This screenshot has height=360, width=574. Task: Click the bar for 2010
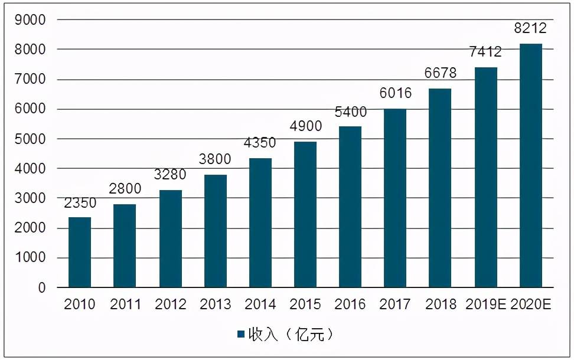[x=80, y=253]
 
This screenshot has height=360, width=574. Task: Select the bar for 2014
[x=260, y=223]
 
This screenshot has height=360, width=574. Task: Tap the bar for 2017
[x=395, y=198]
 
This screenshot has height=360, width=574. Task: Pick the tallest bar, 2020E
[x=530, y=166]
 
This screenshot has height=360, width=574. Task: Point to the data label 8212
[x=530, y=28]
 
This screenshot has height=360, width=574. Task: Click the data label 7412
[x=485, y=52]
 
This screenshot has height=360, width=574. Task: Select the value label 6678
[x=441, y=73]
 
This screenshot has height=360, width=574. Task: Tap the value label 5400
[x=350, y=112]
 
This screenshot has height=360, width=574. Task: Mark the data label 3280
[x=170, y=175]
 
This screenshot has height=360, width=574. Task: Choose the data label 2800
[x=125, y=189]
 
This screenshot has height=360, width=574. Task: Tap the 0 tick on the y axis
[x=42, y=288]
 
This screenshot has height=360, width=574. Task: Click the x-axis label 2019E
[x=485, y=305]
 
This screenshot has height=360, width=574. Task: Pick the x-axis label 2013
[x=215, y=305]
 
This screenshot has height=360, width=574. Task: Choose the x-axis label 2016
[x=350, y=305]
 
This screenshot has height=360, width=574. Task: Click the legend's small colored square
[x=241, y=335]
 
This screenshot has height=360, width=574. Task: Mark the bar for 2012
[x=170, y=239]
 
